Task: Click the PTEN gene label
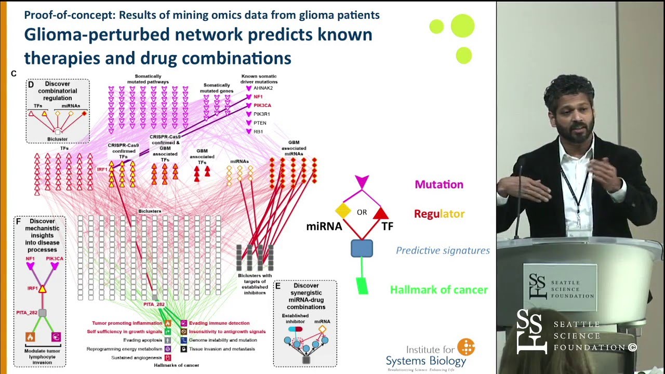click(x=260, y=123)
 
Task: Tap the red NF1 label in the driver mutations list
click(x=258, y=97)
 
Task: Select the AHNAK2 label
click(x=263, y=88)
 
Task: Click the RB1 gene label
click(x=258, y=132)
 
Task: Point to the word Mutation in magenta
click(x=438, y=184)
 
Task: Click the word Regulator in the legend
click(x=439, y=213)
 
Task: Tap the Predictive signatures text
click(x=443, y=250)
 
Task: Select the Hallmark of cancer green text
click(x=438, y=290)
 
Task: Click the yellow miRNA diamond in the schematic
click(x=343, y=210)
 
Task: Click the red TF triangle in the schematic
click(x=381, y=212)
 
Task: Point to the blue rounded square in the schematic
click(x=362, y=248)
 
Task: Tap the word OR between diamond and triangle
click(x=362, y=212)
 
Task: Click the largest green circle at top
click(x=462, y=26)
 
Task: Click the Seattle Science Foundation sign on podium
click(x=560, y=288)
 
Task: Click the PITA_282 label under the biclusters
click(x=154, y=304)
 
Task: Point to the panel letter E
click(x=278, y=286)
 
